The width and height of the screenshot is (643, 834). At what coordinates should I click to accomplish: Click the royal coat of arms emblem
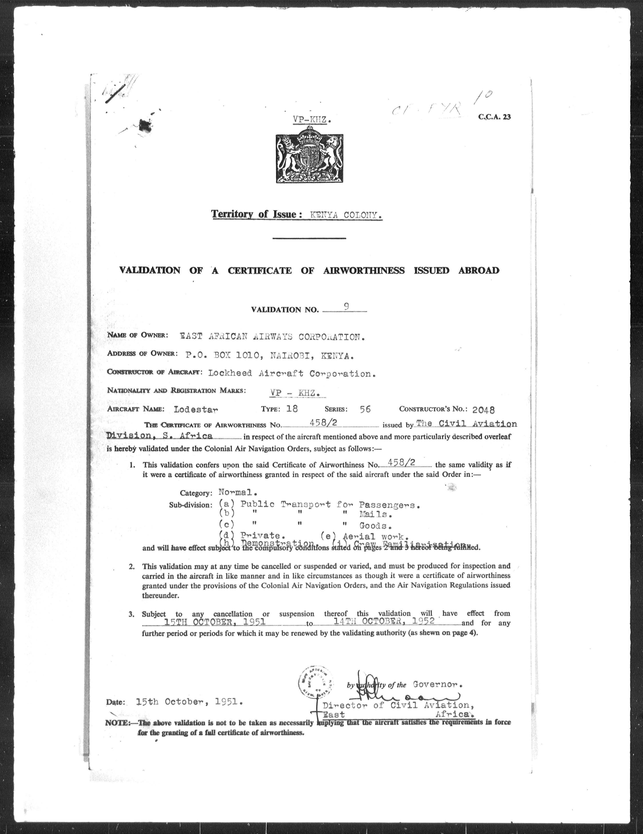(309, 158)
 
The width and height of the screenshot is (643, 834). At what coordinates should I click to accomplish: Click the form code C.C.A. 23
(494, 117)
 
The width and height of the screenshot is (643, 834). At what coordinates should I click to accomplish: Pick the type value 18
(292, 409)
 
